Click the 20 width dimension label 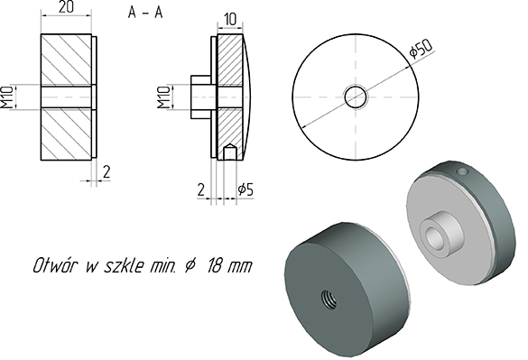[x=66, y=7]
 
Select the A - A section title [x=145, y=13]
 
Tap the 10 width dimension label [x=230, y=20]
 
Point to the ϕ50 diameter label [x=421, y=49]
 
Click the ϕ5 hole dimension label [x=245, y=190]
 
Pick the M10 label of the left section [x=6, y=97]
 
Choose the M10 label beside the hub [x=163, y=97]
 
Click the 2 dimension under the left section [x=107, y=171]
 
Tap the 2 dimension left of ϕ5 [x=200, y=190]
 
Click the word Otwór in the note [x=56, y=265]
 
